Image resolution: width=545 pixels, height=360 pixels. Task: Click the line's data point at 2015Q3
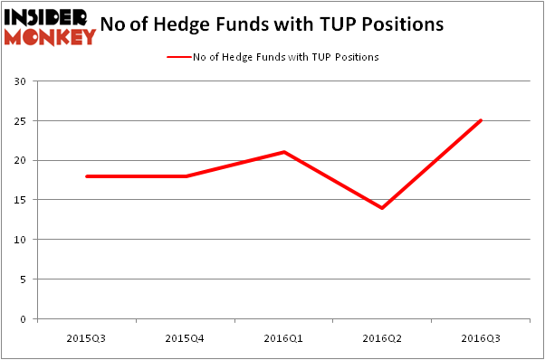tap(86, 176)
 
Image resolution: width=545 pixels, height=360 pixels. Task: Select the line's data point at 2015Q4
tap(186, 176)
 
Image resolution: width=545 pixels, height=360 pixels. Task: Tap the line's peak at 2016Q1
tap(284, 152)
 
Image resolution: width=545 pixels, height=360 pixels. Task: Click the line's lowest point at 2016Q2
tap(383, 208)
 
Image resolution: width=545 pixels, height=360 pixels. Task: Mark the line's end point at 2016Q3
tap(482, 120)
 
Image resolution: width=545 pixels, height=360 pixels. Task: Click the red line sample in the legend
tap(178, 57)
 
